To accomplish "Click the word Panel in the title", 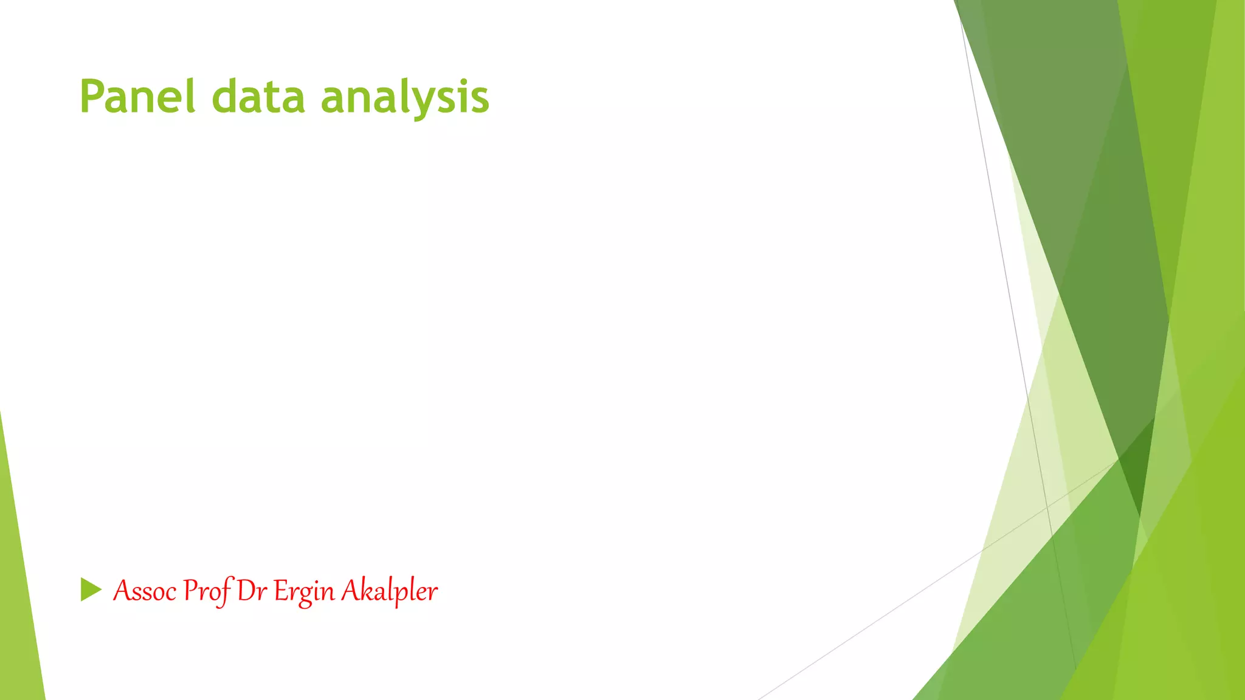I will (x=137, y=97).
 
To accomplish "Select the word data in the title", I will (x=258, y=97).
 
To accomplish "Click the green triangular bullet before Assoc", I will (x=91, y=589).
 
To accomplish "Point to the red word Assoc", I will (x=145, y=591).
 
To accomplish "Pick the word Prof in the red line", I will (x=207, y=591).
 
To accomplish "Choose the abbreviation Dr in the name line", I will (x=252, y=591).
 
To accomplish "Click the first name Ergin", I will (x=303, y=591).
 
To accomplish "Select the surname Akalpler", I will (x=389, y=591).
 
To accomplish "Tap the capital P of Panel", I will (x=92, y=97).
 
